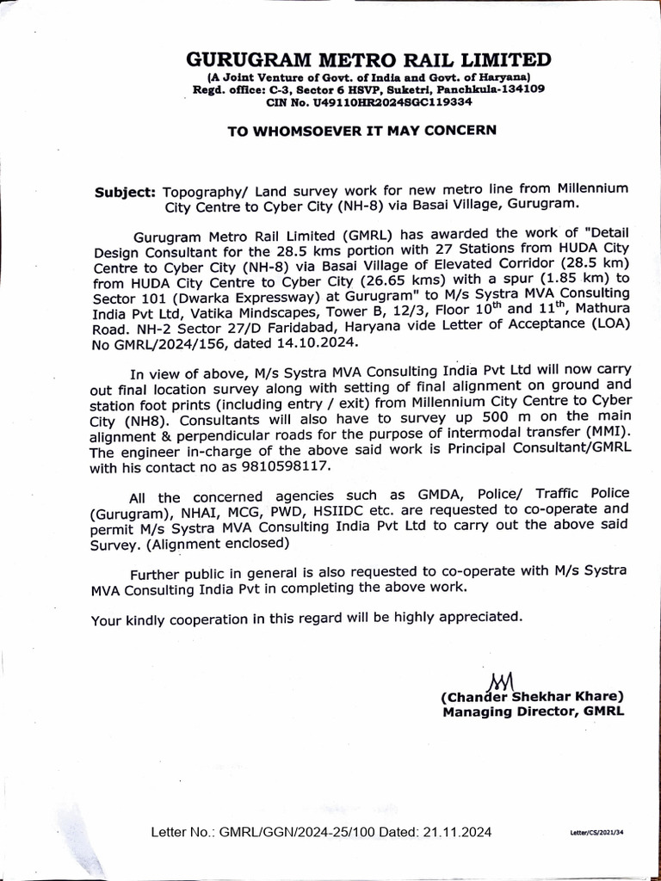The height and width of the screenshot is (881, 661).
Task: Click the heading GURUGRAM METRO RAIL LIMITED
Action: point(368,60)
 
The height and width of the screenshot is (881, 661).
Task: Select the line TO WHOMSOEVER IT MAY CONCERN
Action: point(361,131)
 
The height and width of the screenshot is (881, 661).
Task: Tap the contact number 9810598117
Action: point(299,467)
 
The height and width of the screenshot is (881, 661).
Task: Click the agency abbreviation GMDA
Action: point(388,497)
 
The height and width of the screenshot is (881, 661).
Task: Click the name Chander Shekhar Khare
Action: point(532,696)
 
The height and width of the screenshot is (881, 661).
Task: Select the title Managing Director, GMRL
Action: point(533,712)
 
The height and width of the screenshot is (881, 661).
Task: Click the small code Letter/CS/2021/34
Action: point(598,834)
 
